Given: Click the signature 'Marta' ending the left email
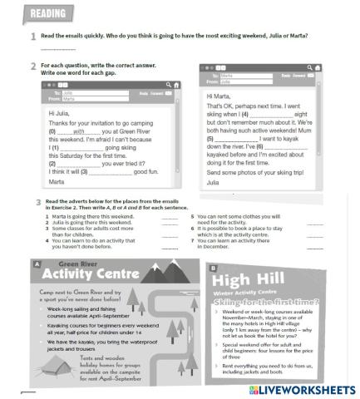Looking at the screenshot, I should pyautogui.click(x=56, y=181).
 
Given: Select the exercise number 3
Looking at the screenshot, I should pyautogui.click(x=38, y=202).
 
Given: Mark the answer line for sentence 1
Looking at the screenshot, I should pyautogui.click(x=170, y=216).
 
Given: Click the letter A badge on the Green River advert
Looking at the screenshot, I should pyautogui.click(x=36, y=265).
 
